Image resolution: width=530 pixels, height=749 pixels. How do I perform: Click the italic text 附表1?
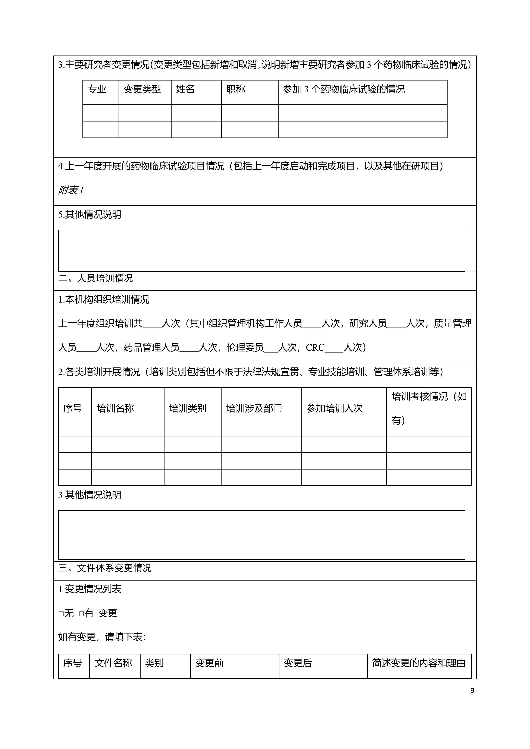[x=71, y=190]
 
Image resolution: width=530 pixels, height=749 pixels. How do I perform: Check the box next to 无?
[x=61, y=614]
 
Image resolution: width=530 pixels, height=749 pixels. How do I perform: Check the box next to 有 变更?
[x=82, y=614]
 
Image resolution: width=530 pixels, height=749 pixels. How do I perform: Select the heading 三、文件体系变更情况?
[x=105, y=568]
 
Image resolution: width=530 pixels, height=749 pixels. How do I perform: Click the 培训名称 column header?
[x=115, y=408]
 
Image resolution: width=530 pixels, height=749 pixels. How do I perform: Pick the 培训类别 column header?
[x=187, y=408]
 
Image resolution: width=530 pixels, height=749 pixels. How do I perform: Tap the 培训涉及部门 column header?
[x=254, y=408]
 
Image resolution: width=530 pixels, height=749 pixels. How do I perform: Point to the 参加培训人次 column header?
[x=335, y=408]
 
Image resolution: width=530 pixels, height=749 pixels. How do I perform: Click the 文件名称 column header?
[x=113, y=663]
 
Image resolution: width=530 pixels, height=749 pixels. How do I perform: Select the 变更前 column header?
[x=210, y=663]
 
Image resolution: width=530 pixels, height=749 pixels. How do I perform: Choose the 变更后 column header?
[x=298, y=663]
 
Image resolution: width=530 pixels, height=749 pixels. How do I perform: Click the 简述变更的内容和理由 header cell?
[x=419, y=663]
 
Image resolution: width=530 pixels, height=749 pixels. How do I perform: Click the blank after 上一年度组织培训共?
[x=152, y=324]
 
